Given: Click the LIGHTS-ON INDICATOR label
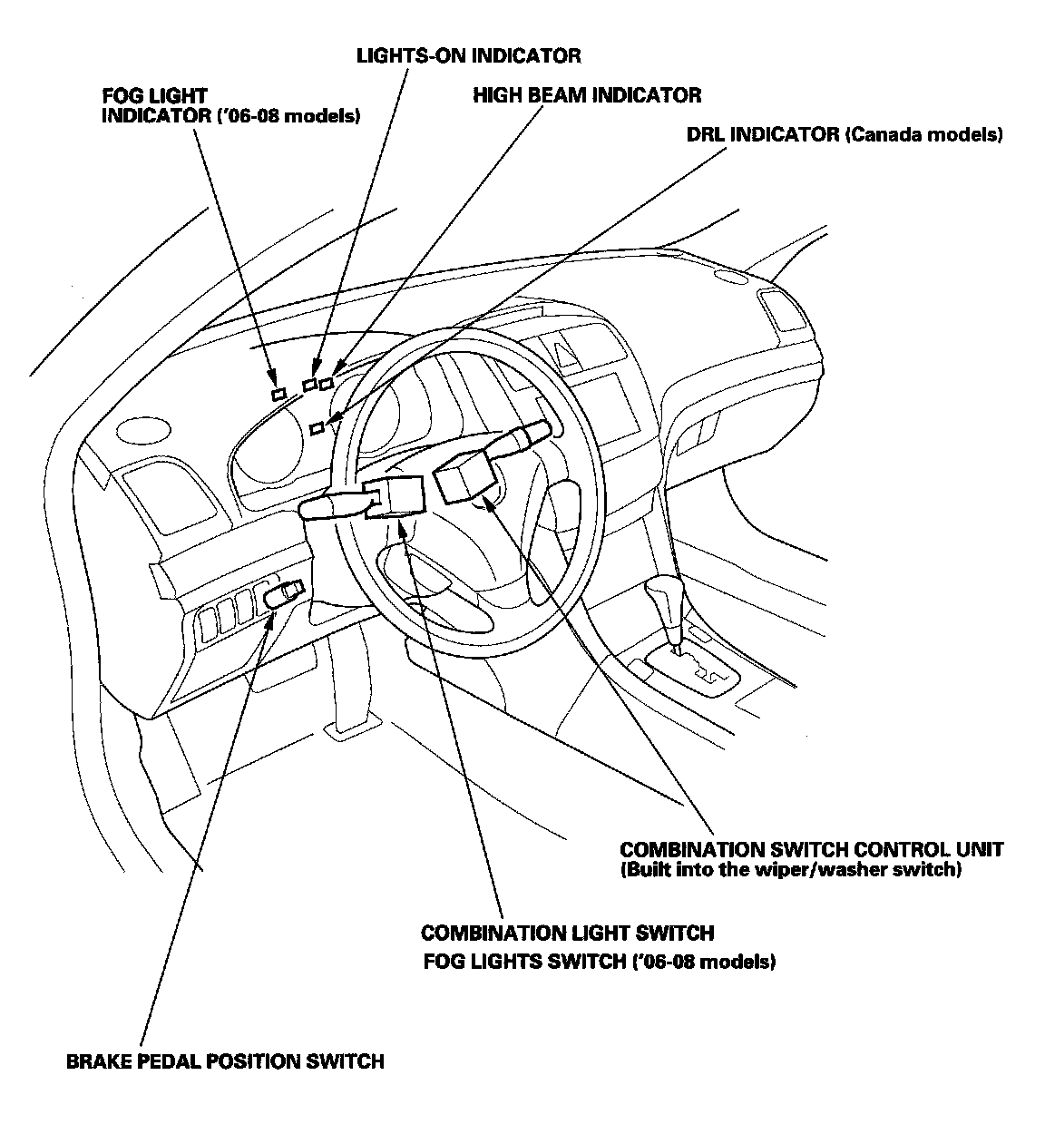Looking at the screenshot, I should tap(467, 56).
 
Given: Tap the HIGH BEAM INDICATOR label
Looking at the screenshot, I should tap(587, 95).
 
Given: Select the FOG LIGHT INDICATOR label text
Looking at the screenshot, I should tap(231, 106).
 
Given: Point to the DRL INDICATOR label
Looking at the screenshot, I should tap(845, 135).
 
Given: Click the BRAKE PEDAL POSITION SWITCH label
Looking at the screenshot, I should tap(225, 1061).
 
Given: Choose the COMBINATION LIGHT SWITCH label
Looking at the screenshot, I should tap(567, 933).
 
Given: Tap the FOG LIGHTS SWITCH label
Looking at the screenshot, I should tap(599, 962).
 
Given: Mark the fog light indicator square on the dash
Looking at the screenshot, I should tap(278, 394).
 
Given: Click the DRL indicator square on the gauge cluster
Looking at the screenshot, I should tap(317, 428).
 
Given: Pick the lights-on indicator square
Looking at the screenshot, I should tap(309, 385).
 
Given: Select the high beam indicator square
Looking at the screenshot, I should tap(326, 384).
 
